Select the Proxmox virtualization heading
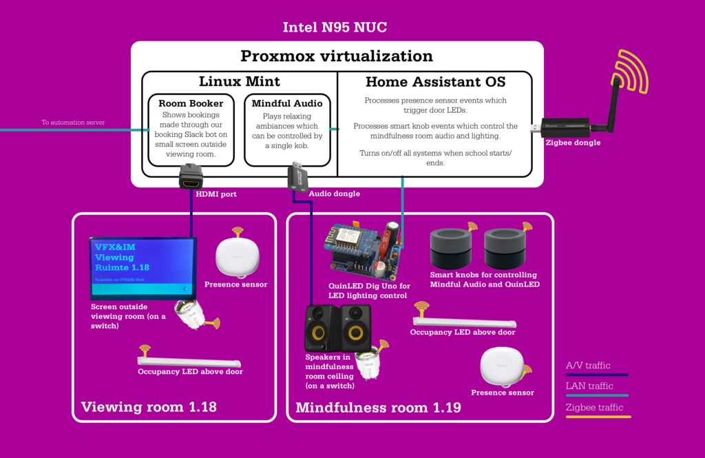[x=337, y=56]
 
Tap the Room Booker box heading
[x=191, y=103]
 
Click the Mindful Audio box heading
[x=286, y=103]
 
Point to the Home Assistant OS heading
[x=435, y=82]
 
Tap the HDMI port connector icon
[x=191, y=176]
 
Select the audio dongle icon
[x=297, y=176]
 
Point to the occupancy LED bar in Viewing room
[x=189, y=361]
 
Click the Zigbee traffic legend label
[x=594, y=407]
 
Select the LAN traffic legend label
[x=589, y=386]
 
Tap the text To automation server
[x=74, y=123]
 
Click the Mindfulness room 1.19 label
[x=378, y=407]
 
